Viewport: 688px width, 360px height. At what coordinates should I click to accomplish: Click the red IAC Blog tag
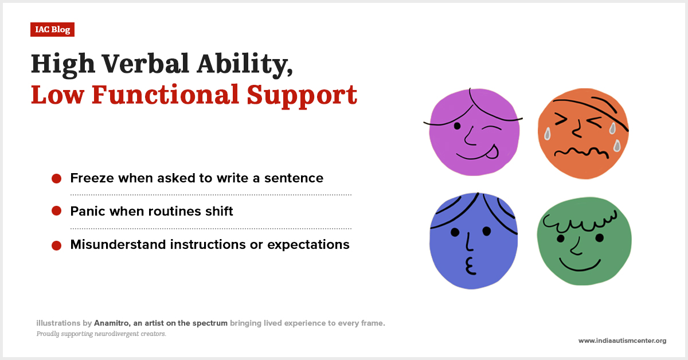click(52, 30)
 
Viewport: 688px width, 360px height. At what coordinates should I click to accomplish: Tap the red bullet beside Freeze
click(56, 178)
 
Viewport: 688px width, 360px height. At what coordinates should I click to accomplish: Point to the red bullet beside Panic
click(56, 212)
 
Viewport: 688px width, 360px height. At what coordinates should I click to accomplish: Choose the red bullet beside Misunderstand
click(56, 245)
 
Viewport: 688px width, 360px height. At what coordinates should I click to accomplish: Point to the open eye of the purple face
click(458, 126)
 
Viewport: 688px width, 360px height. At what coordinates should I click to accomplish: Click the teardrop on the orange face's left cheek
click(547, 134)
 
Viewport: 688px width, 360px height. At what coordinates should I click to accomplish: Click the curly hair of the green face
click(579, 220)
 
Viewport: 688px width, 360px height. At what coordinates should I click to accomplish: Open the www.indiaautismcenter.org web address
click(622, 341)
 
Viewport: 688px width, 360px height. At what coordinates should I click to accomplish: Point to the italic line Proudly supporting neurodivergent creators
click(101, 334)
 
